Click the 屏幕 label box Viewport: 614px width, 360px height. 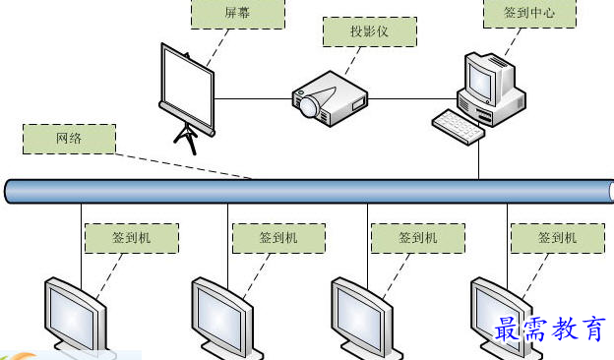coord(237,15)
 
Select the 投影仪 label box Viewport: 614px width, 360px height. coord(370,31)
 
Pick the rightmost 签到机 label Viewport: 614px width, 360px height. coord(557,237)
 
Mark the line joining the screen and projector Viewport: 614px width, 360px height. coord(251,98)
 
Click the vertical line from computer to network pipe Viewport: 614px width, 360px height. coord(479,157)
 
